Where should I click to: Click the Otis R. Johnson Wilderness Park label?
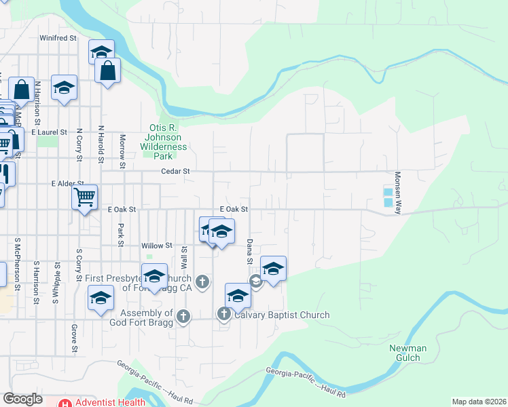[x=163, y=137]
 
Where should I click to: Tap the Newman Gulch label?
[x=408, y=353]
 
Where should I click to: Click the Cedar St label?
[x=175, y=172]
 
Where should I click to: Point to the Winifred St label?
[x=58, y=39]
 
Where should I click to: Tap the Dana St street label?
[x=250, y=251]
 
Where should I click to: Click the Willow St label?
[x=157, y=246]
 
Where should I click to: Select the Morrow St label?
[x=123, y=151]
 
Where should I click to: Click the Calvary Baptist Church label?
[x=282, y=315]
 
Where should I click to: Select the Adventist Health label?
[x=109, y=402]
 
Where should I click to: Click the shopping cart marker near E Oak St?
[x=85, y=198]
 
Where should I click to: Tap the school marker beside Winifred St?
[x=101, y=52]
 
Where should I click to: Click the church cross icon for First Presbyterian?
[x=202, y=282]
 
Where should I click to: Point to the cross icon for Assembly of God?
[x=183, y=315]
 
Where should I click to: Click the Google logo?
[x=23, y=400]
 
